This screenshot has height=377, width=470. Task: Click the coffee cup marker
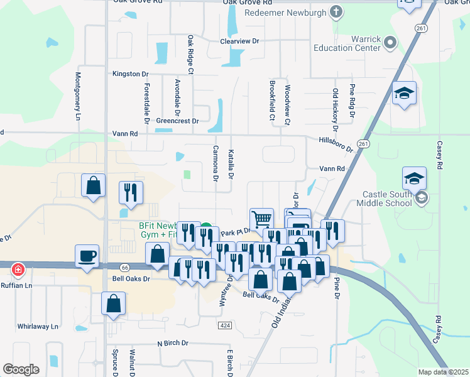88,256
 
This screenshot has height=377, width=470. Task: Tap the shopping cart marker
261,220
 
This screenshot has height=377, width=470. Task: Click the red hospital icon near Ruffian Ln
18,270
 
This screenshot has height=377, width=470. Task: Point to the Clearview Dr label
239,41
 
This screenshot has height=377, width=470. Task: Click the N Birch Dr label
173,343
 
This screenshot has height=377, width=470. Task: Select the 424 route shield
226,325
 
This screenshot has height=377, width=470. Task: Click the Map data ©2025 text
444,372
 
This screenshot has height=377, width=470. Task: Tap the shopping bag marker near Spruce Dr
113,303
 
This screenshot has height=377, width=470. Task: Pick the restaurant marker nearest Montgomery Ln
131,192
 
